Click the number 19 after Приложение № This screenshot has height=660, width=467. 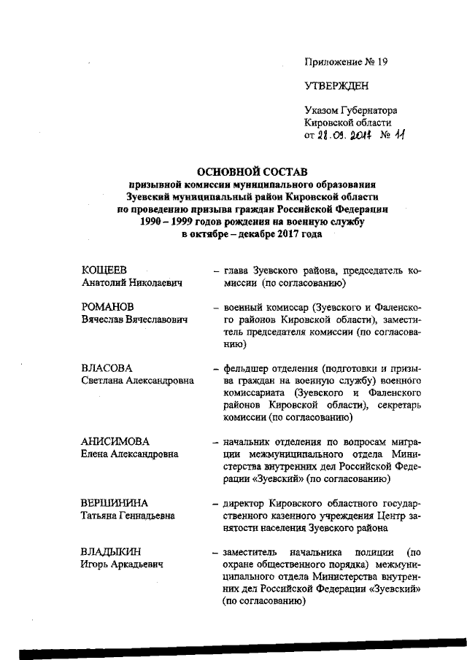point(381,61)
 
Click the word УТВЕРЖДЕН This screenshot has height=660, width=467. point(336,86)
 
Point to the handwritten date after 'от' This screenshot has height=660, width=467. point(343,135)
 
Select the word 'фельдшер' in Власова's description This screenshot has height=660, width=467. point(250,368)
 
